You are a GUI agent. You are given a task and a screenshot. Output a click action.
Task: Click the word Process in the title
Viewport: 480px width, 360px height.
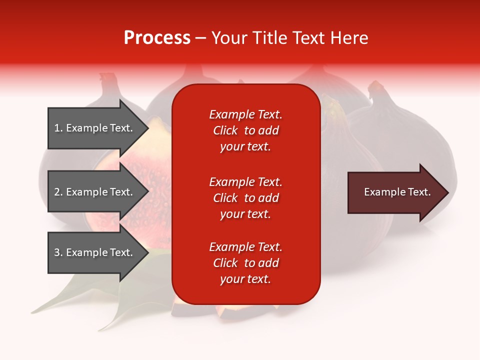157,38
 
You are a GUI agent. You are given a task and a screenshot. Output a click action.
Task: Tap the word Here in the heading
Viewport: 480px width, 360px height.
349,38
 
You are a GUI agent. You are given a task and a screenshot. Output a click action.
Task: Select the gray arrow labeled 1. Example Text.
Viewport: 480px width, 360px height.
98,128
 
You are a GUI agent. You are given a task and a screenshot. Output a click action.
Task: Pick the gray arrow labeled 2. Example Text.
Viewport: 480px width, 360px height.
98,191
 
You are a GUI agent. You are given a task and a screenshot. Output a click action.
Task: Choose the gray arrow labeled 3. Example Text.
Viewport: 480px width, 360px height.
98,252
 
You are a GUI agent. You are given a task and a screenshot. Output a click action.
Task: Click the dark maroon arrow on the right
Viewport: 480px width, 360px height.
398,192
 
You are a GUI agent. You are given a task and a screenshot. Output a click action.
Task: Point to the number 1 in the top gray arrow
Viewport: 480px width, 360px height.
56,128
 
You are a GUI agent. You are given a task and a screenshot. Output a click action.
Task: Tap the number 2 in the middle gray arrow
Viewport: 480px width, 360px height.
57,192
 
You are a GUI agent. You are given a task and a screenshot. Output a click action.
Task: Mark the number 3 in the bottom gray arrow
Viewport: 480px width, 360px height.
57,252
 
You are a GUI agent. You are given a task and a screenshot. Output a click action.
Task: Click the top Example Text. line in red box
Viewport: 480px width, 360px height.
245,114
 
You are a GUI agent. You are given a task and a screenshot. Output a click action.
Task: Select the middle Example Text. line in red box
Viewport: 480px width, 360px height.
245,182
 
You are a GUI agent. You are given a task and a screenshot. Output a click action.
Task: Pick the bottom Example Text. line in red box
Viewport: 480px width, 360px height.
245,246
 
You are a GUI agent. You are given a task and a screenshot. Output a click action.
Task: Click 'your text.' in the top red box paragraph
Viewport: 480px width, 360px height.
245,146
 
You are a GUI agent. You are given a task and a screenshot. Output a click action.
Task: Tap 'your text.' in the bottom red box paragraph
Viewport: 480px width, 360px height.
245,279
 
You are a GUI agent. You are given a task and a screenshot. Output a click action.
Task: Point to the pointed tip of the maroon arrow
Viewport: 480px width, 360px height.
448,192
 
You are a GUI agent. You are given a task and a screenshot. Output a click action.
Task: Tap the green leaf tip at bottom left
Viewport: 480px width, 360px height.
32,312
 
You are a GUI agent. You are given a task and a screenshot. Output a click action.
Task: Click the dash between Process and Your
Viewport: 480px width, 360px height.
200,39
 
